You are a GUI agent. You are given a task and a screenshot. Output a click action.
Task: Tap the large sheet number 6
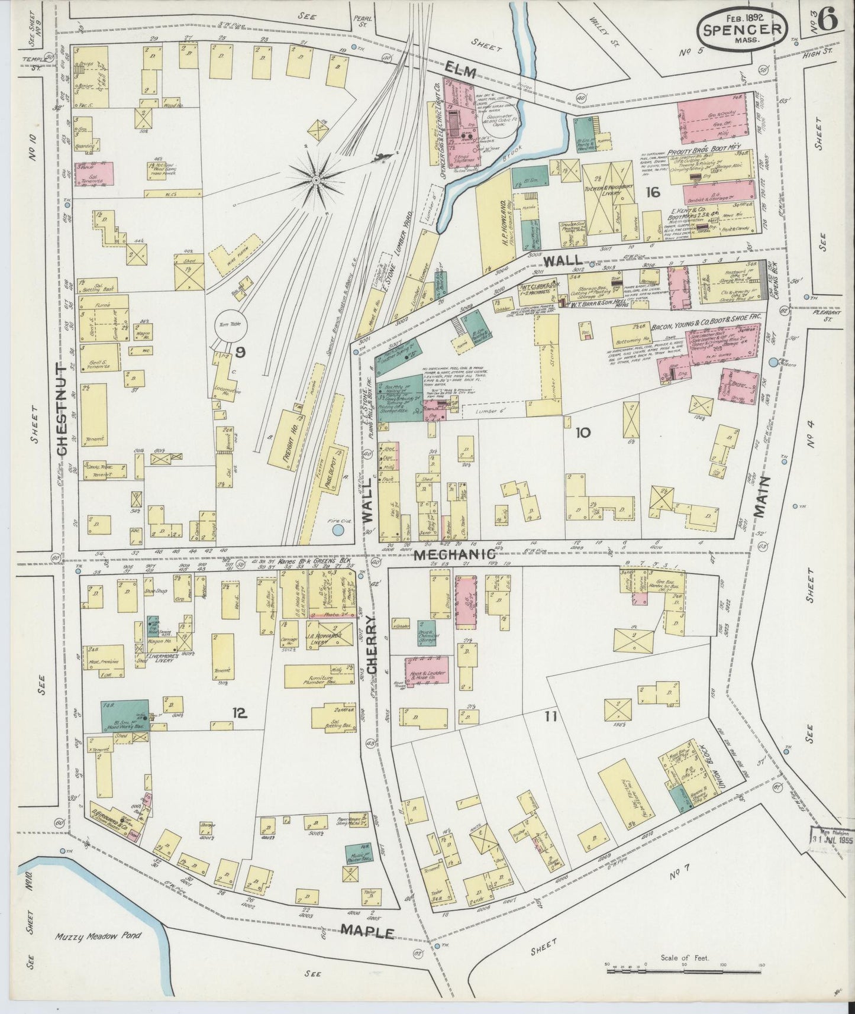(828, 21)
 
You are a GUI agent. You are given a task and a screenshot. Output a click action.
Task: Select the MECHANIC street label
(454, 554)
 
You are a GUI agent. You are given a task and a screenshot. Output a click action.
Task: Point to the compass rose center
(317, 178)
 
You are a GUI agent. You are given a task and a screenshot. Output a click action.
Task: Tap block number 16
(653, 192)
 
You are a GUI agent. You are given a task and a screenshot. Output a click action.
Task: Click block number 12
(239, 713)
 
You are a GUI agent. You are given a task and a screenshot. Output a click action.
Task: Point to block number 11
(551, 717)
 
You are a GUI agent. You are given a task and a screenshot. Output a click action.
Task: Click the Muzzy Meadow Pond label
(93, 953)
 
